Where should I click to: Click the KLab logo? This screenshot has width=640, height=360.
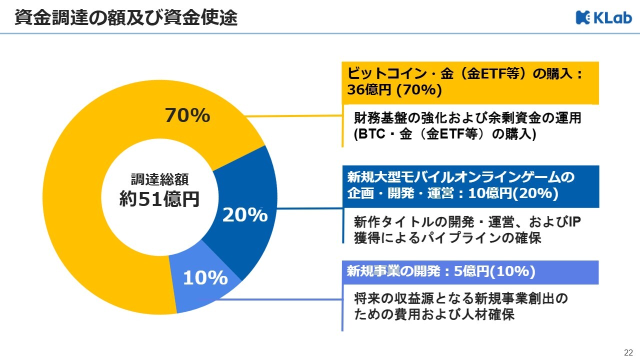click(x=603, y=17)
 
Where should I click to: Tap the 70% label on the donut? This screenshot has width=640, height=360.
click(x=187, y=115)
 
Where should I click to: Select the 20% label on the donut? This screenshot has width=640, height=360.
click(x=245, y=214)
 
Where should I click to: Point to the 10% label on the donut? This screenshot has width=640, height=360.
click(x=205, y=278)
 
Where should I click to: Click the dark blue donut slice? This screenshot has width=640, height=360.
click(x=250, y=190)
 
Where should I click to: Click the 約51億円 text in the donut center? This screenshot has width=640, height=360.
click(x=159, y=199)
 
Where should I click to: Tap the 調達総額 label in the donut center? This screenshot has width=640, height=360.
click(x=159, y=179)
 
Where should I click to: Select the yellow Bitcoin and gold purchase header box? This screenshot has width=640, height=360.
click(x=470, y=82)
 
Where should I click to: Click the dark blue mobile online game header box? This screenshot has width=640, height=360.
click(x=470, y=185)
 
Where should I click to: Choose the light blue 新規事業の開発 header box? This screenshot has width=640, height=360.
click(x=470, y=272)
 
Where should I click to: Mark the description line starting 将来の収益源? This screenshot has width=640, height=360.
click(x=461, y=299)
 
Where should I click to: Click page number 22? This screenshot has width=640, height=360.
click(x=628, y=352)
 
